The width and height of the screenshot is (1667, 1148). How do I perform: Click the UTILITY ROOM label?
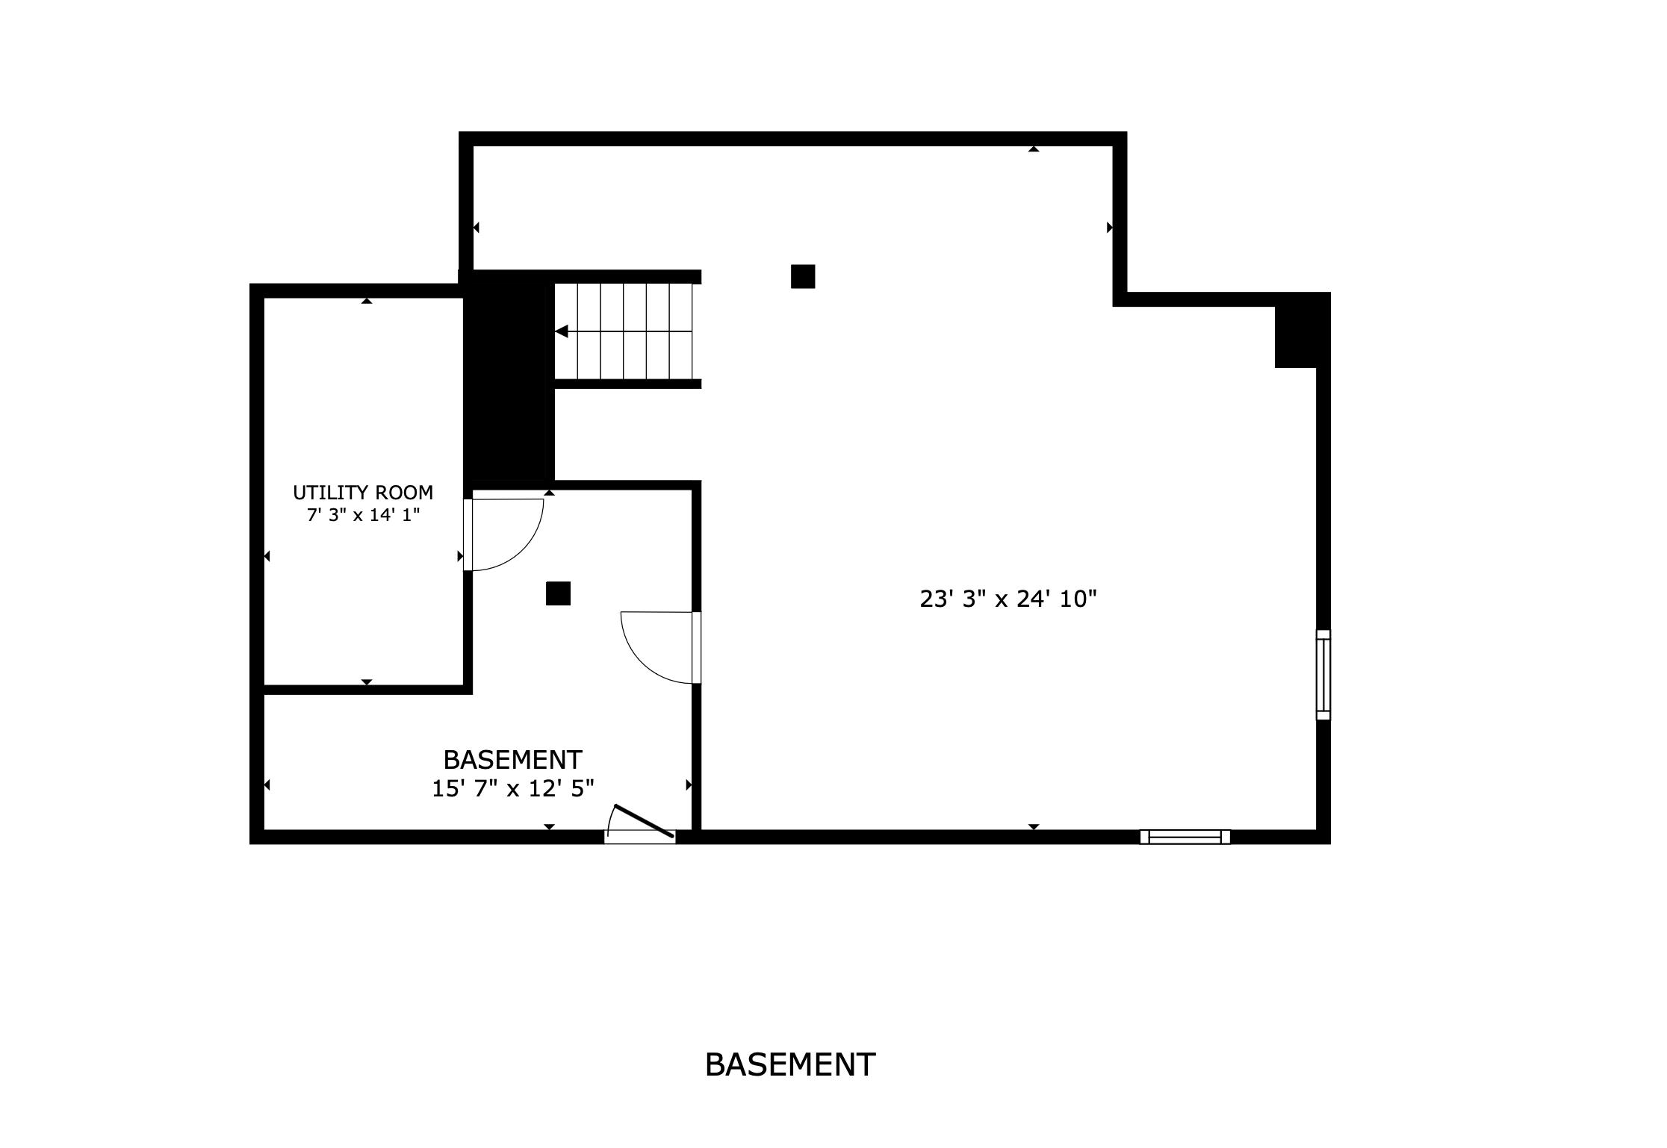coord(363,493)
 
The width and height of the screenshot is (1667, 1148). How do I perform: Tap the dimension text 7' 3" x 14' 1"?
coord(363,515)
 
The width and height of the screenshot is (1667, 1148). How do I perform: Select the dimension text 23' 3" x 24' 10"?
coord(1008,599)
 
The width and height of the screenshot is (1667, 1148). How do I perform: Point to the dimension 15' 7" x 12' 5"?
coord(513,789)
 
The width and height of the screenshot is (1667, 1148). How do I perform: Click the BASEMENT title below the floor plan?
coord(789,1064)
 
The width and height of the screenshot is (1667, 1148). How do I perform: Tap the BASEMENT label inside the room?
coord(512,760)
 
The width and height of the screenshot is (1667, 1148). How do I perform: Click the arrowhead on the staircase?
coord(562,331)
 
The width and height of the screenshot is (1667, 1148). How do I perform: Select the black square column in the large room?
coord(803,276)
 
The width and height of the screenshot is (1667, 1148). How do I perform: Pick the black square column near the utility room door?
coord(558,593)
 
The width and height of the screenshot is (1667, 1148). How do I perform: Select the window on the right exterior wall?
coord(1323,675)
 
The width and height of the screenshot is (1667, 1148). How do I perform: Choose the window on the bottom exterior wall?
coord(1185,837)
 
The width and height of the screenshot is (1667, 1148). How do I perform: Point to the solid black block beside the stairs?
coord(509,381)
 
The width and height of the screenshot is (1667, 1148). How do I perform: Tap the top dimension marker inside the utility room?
coord(367,301)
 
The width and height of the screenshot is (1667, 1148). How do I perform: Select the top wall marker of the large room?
coord(1034,149)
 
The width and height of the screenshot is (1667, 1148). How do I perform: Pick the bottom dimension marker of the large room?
coord(1034,826)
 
